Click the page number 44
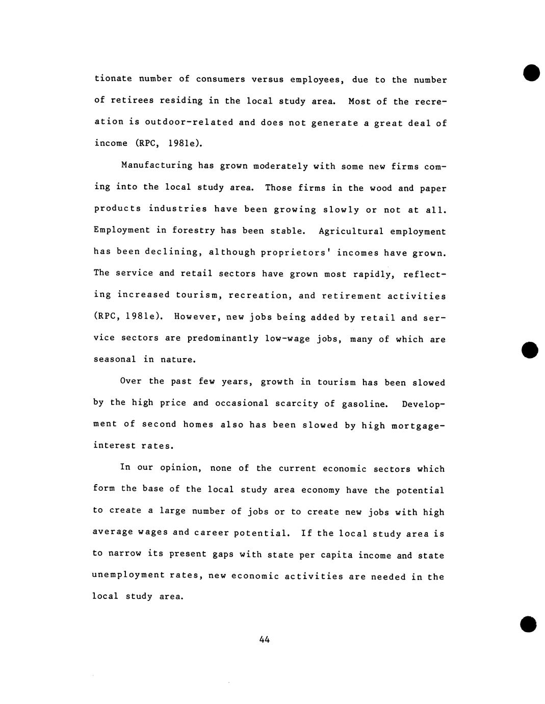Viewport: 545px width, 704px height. pos(264,639)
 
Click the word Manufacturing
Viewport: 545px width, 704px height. pos(150,165)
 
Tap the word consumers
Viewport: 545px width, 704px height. pos(221,79)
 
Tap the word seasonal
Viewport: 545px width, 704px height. pos(115,360)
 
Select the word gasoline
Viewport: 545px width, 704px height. pos(364,404)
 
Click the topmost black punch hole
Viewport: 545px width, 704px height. pos(531,72)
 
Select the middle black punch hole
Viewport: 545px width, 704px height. pos(530,349)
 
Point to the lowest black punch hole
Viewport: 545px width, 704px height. pos(529,624)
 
